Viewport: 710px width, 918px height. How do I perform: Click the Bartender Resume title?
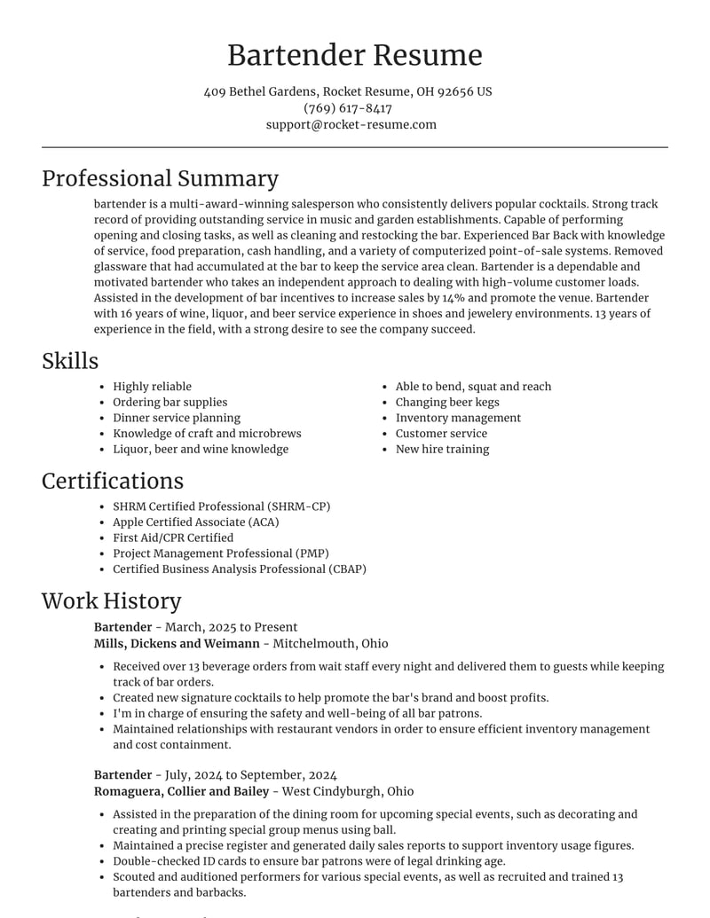[x=355, y=55]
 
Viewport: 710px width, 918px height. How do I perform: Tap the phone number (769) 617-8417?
[x=348, y=108]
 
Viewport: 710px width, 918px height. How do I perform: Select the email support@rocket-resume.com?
[x=351, y=124]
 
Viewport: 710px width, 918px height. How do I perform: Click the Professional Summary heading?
[x=160, y=178]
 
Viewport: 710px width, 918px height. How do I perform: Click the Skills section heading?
[x=70, y=361]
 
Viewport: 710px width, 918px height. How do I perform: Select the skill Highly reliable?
[x=152, y=387]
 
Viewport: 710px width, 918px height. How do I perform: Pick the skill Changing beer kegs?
[x=447, y=402]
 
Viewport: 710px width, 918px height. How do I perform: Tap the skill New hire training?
[x=442, y=449]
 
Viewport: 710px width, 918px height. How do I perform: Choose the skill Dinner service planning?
[x=177, y=418]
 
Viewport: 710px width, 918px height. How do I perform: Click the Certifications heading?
[x=113, y=481]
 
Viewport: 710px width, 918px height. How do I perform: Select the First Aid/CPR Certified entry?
[x=173, y=537]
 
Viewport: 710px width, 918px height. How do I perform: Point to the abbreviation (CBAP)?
[x=339, y=569]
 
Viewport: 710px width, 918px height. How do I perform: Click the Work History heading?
[x=111, y=600]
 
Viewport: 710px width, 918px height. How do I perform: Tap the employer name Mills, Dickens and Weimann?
[x=177, y=643]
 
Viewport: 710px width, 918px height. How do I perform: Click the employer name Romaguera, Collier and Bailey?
[x=181, y=791]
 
